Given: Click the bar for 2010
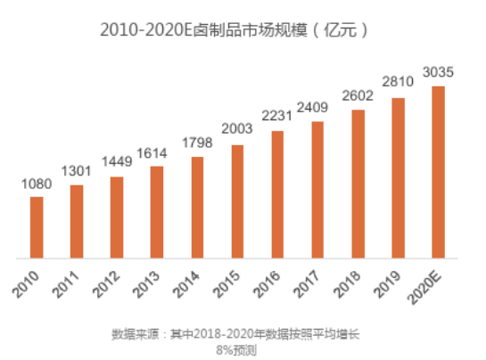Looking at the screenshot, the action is click(x=37, y=227).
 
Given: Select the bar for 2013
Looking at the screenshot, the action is click(x=157, y=212).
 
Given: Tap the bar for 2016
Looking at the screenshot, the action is click(x=277, y=194).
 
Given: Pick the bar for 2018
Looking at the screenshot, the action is click(x=358, y=184).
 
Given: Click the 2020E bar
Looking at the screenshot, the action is click(x=438, y=172).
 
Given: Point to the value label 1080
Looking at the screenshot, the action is click(x=37, y=184).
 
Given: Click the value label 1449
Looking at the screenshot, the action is click(x=117, y=161).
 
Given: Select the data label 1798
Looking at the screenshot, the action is click(x=197, y=143).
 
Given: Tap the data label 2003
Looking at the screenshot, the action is click(x=237, y=128).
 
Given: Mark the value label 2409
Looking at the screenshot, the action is click(x=312, y=108).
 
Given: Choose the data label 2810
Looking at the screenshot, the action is click(x=398, y=82).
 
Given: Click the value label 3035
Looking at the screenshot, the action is click(x=438, y=72).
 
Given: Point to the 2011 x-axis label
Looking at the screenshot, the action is click(x=65, y=284).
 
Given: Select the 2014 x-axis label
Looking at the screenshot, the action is click(x=186, y=284).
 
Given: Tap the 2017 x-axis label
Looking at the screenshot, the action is click(x=306, y=284).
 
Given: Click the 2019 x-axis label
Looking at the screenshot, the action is click(x=387, y=284).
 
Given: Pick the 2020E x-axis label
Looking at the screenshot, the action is click(x=424, y=288).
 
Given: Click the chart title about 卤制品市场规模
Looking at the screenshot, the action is click(x=234, y=30).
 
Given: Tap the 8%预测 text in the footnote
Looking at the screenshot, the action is click(x=236, y=350).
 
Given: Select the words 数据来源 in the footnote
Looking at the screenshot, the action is click(x=136, y=334).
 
